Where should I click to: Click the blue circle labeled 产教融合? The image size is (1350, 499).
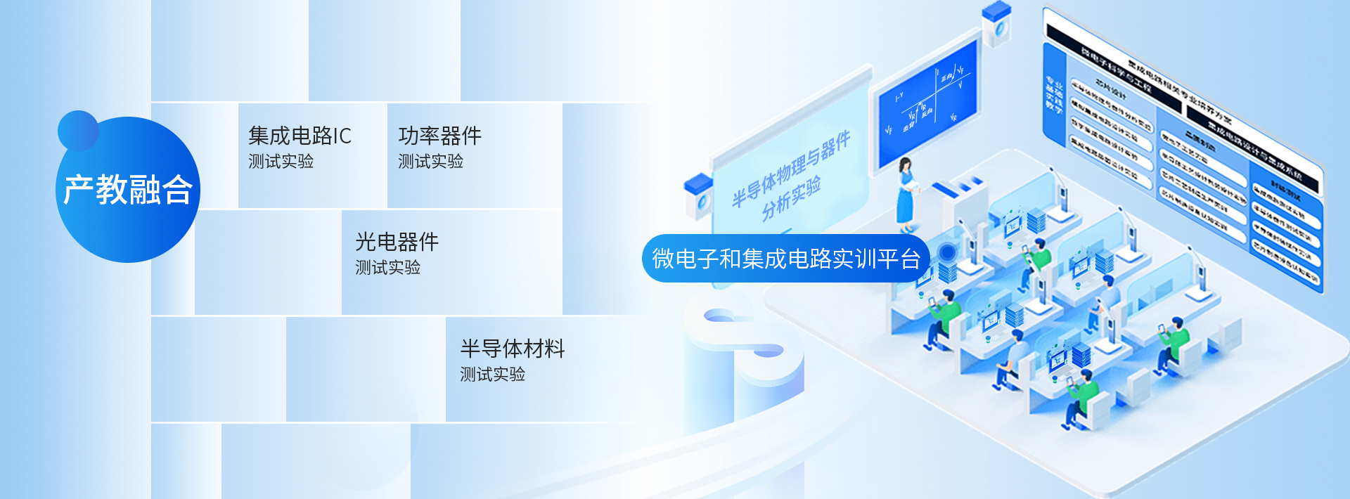(128, 190)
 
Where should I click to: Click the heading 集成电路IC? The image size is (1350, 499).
(300, 136)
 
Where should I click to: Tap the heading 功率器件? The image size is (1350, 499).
(439, 136)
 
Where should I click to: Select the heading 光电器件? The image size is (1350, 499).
(397, 242)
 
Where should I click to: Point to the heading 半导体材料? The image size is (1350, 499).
(512, 349)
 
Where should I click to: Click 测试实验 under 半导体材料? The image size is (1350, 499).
(492, 375)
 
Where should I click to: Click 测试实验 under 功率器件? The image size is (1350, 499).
(430, 162)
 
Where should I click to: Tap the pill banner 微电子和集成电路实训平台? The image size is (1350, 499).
(785, 259)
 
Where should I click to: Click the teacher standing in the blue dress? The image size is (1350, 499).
(906, 194)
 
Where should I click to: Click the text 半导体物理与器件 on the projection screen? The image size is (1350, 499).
(791, 167)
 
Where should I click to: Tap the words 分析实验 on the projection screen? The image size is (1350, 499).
(791, 197)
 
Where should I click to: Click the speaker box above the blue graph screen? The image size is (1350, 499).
(996, 25)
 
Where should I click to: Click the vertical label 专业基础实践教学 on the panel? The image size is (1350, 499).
(1053, 94)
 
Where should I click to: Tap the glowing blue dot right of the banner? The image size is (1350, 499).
(947, 252)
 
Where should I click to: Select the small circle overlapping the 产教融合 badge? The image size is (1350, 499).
(78, 130)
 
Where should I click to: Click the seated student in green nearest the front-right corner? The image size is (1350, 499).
(1080, 401)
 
